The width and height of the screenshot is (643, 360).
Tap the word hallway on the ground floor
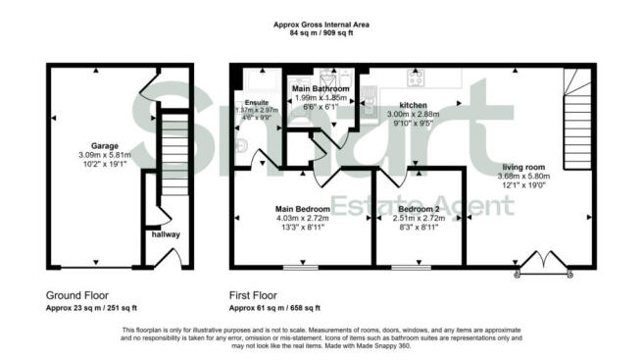tap(165, 234)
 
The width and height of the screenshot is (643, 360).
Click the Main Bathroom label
tap(321, 88)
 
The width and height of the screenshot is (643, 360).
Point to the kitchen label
tap(412, 104)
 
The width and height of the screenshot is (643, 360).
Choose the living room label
tap(526, 166)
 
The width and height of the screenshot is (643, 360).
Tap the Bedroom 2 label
tap(419, 209)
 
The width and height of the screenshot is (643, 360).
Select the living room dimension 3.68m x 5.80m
tap(526, 178)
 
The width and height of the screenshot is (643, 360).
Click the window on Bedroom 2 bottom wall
tap(403, 266)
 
